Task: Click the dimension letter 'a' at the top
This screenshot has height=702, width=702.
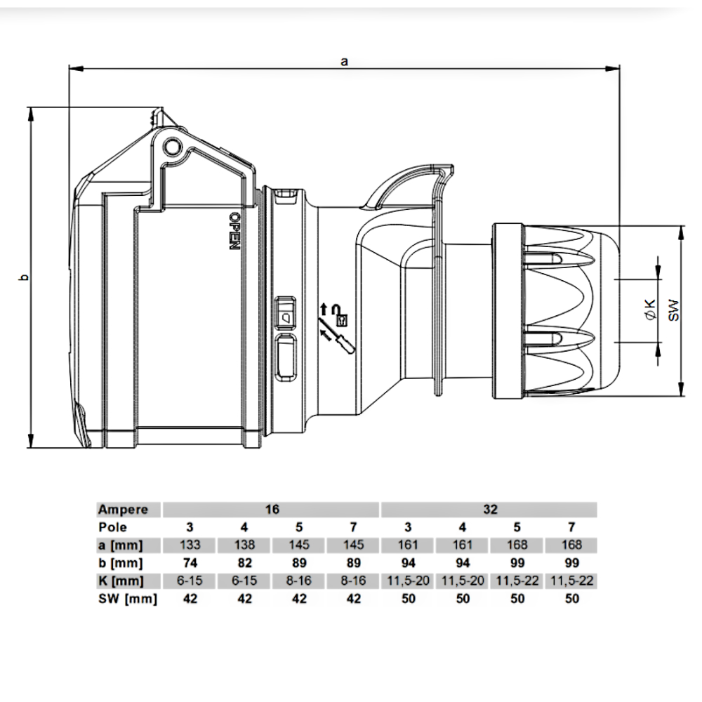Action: pos(344,61)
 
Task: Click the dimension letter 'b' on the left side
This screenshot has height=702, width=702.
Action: pos(25,278)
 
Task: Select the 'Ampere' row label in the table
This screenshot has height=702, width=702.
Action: pos(123,509)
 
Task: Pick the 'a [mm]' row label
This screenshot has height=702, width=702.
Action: pos(120,545)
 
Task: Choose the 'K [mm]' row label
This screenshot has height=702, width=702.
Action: pos(121,581)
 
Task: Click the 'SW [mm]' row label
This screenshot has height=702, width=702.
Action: pos(127,599)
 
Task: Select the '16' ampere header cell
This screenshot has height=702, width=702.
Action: pos(272,509)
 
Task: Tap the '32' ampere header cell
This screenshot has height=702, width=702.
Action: pos(489,509)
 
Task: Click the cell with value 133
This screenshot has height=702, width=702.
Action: pos(190,545)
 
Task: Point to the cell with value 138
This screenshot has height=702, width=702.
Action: pos(244,545)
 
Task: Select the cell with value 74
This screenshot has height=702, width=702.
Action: pos(190,563)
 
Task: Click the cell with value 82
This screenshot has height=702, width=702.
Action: pos(244,563)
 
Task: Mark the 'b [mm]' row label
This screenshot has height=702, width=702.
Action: pos(120,563)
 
